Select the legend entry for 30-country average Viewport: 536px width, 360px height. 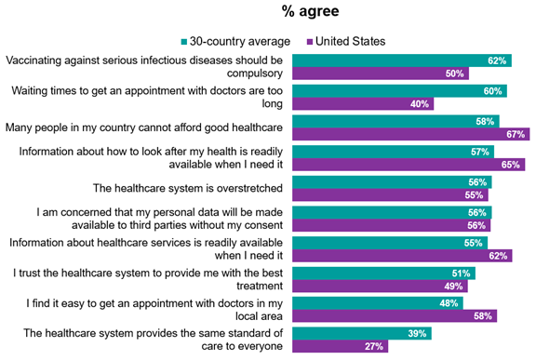pyautogui.click(x=234, y=41)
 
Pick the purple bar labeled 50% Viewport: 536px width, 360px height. pyautogui.click(x=381, y=73)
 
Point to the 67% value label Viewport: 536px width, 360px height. pyautogui.click(x=516, y=135)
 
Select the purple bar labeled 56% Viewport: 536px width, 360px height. pyautogui.click(x=392, y=226)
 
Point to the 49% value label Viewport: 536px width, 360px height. pyautogui.click(x=456, y=287)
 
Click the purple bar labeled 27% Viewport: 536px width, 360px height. pyautogui.click(x=340, y=347)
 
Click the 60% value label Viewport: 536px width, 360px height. pyautogui.click(x=492, y=91)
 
